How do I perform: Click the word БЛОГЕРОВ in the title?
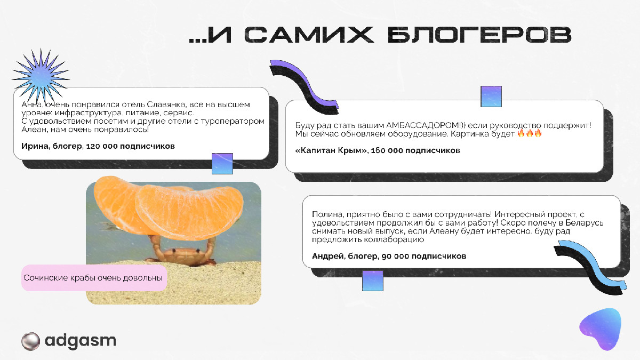point(479,35)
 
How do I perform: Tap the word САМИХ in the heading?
point(309,35)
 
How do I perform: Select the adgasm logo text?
point(81,341)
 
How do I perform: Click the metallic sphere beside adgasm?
point(30,341)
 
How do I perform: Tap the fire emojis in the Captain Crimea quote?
point(530,133)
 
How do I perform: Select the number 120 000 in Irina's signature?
point(102,146)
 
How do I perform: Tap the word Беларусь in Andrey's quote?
point(585,222)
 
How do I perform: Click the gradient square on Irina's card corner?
point(222,164)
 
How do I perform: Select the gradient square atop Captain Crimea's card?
point(491,97)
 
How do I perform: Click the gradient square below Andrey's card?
point(373,281)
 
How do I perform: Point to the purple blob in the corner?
point(601,329)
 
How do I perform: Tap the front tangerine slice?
point(189,211)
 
